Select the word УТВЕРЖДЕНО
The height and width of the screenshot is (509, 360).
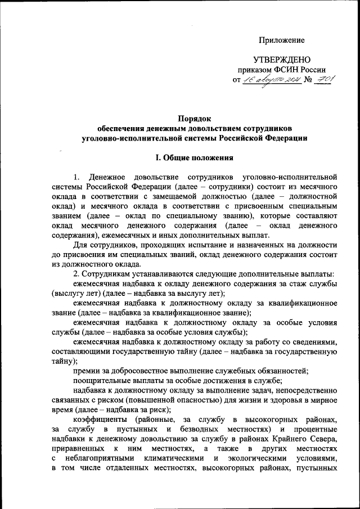[281, 60]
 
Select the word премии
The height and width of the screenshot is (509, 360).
[88, 370]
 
